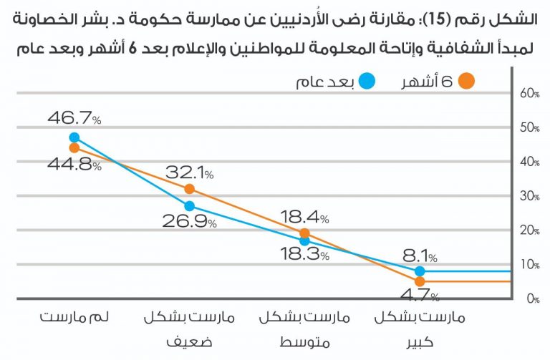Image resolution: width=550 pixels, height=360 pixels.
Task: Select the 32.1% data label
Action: click(x=190, y=172)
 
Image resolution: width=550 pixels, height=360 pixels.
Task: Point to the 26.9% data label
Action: click(x=190, y=222)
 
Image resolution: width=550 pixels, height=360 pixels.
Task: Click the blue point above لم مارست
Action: click(x=74, y=137)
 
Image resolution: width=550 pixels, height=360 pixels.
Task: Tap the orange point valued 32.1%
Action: click(x=190, y=189)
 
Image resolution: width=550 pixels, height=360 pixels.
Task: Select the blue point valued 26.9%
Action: click(x=190, y=206)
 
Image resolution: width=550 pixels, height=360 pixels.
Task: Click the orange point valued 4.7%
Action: click(x=420, y=282)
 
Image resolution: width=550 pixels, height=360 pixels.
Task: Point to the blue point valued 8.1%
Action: click(x=420, y=271)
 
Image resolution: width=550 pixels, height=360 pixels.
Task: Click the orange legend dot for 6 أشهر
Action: click(x=466, y=81)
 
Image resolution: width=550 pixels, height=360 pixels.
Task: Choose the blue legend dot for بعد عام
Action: click(x=367, y=81)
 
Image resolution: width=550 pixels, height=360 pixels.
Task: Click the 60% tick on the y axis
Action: click(x=529, y=93)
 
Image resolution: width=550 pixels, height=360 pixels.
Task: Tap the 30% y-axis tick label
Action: click(x=529, y=196)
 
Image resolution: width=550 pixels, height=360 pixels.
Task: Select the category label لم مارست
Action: click(x=74, y=316)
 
